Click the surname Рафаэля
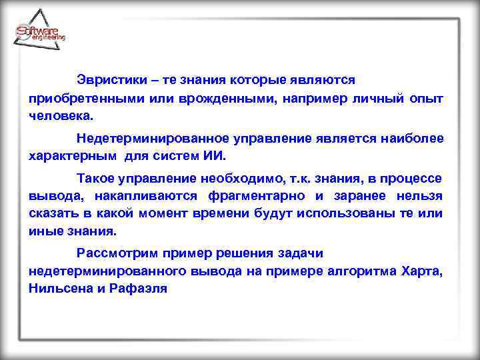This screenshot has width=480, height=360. click(139, 289)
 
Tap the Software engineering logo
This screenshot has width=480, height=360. click(40, 33)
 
